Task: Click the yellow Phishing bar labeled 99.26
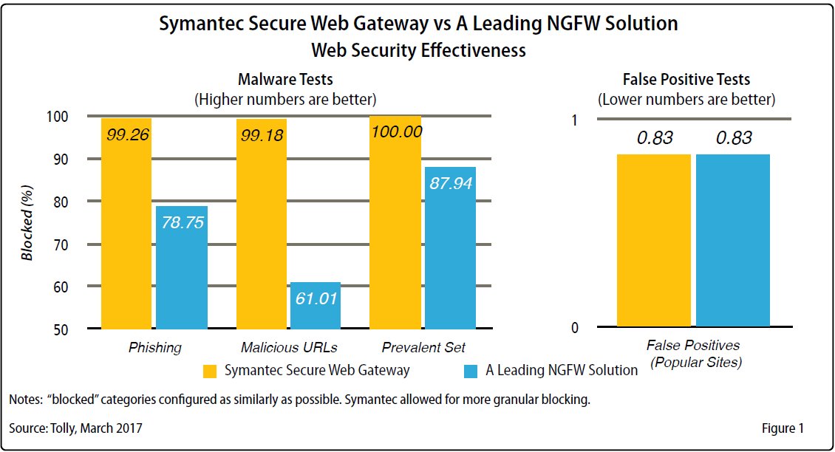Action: point(126,222)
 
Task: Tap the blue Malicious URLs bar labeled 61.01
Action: point(316,305)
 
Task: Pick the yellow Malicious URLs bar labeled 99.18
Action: point(261,222)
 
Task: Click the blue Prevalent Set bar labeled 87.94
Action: point(450,247)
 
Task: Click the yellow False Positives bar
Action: point(654,240)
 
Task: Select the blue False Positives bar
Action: point(732,240)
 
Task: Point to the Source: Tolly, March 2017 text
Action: point(76,428)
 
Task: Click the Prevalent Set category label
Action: point(423,347)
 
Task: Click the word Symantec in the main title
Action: point(202,24)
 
